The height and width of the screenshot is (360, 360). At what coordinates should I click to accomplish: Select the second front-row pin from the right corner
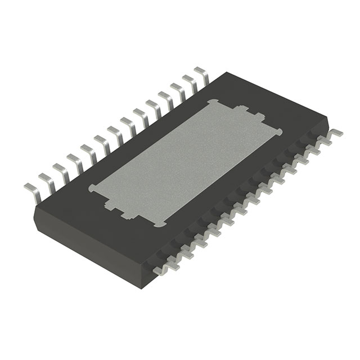325,143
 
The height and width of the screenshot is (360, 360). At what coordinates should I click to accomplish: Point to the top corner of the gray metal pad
212,101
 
